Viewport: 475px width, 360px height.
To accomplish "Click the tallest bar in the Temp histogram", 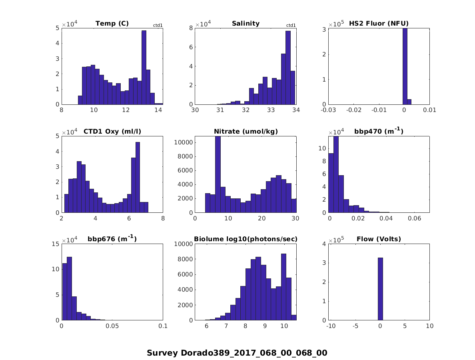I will point(144,67).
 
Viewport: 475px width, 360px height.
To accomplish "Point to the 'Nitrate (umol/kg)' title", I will point(246,132).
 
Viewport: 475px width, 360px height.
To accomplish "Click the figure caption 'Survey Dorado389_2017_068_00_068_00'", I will point(237,353).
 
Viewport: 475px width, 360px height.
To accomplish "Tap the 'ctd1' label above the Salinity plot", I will point(291,26).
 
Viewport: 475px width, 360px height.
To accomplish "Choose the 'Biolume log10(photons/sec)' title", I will point(246,239).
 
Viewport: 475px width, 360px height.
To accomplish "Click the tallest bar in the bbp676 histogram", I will point(69,288).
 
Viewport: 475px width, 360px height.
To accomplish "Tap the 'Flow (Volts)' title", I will point(379,239).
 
